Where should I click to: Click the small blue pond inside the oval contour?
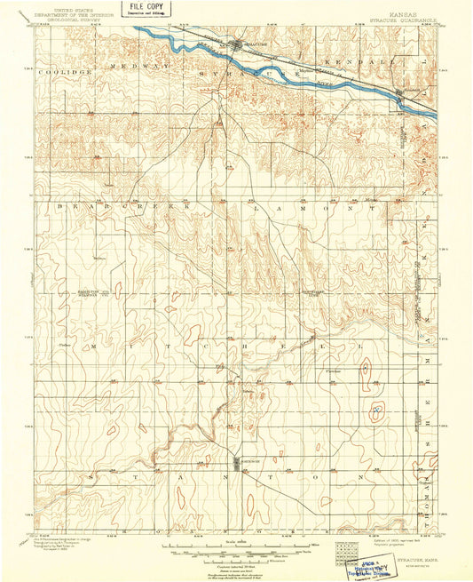coord(378,411)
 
